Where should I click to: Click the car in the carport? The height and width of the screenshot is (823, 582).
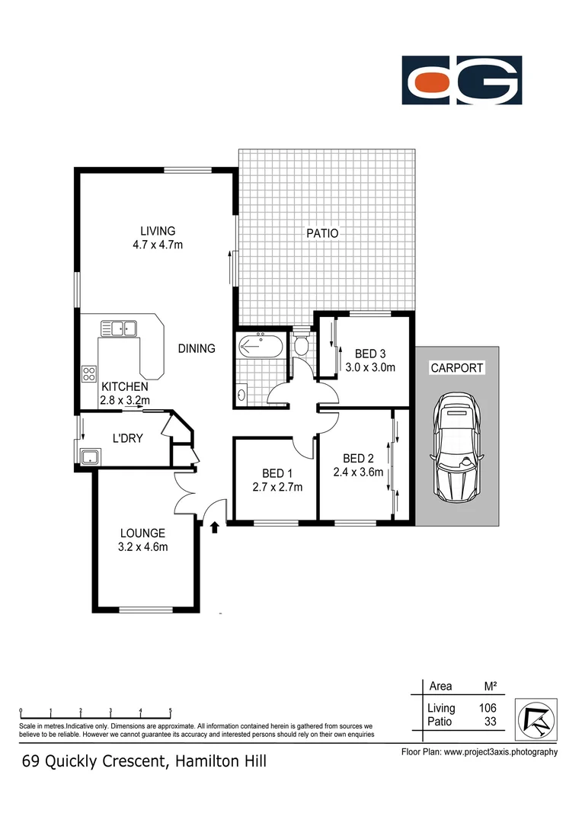pos(457,450)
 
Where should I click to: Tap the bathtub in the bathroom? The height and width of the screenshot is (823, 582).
pos(261,346)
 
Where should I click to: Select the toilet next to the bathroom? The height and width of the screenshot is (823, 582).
pos(301,345)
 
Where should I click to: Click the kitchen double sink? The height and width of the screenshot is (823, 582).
pos(118,328)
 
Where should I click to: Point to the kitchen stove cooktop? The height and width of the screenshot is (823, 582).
pos(88,373)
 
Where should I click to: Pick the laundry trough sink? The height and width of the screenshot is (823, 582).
pos(91,457)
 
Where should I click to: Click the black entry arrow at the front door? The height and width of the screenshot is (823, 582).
pos(214,527)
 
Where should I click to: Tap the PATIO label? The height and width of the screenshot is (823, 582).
pos(322,234)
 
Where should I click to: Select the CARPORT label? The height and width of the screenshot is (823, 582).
pos(457,367)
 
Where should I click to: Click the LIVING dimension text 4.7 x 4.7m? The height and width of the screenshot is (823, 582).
pos(158,245)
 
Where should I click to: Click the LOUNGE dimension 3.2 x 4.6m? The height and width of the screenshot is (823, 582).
pos(142,546)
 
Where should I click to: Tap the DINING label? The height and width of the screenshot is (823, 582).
pos(197,348)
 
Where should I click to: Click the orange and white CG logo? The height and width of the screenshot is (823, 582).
pos(462,80)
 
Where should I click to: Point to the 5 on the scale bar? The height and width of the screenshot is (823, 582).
pos(171,709)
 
